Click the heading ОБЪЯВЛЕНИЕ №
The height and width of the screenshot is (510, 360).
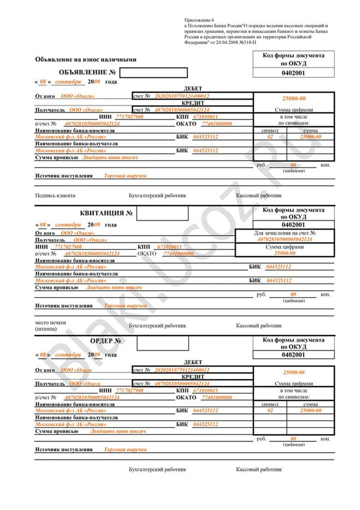(87, 72)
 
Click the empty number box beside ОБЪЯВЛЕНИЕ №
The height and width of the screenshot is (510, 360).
(153, 72)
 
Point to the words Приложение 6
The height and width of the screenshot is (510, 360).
(198, 19)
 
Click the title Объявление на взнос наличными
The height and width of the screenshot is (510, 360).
(85, 59)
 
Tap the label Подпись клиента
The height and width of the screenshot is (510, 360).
(55, 195)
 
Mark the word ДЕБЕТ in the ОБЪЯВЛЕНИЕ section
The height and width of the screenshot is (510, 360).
(192, 89)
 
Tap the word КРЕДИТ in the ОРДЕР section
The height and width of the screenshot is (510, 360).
(192, 377)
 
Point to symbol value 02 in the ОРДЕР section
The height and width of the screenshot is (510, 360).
(270, 410)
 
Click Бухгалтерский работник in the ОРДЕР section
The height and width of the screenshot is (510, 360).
(157, 470)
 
